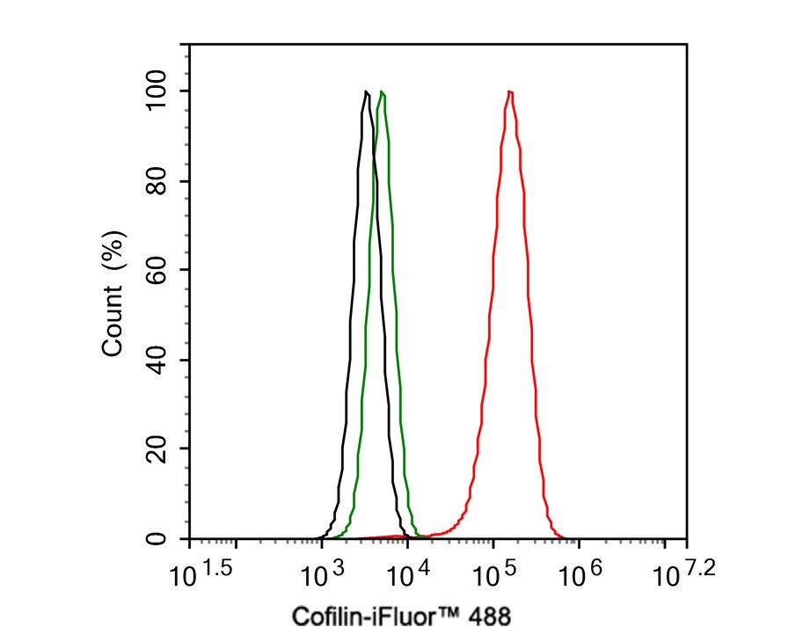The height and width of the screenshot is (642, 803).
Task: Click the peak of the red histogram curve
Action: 509,91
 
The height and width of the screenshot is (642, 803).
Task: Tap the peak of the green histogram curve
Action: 381,91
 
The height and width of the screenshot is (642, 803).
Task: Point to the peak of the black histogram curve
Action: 365,91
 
